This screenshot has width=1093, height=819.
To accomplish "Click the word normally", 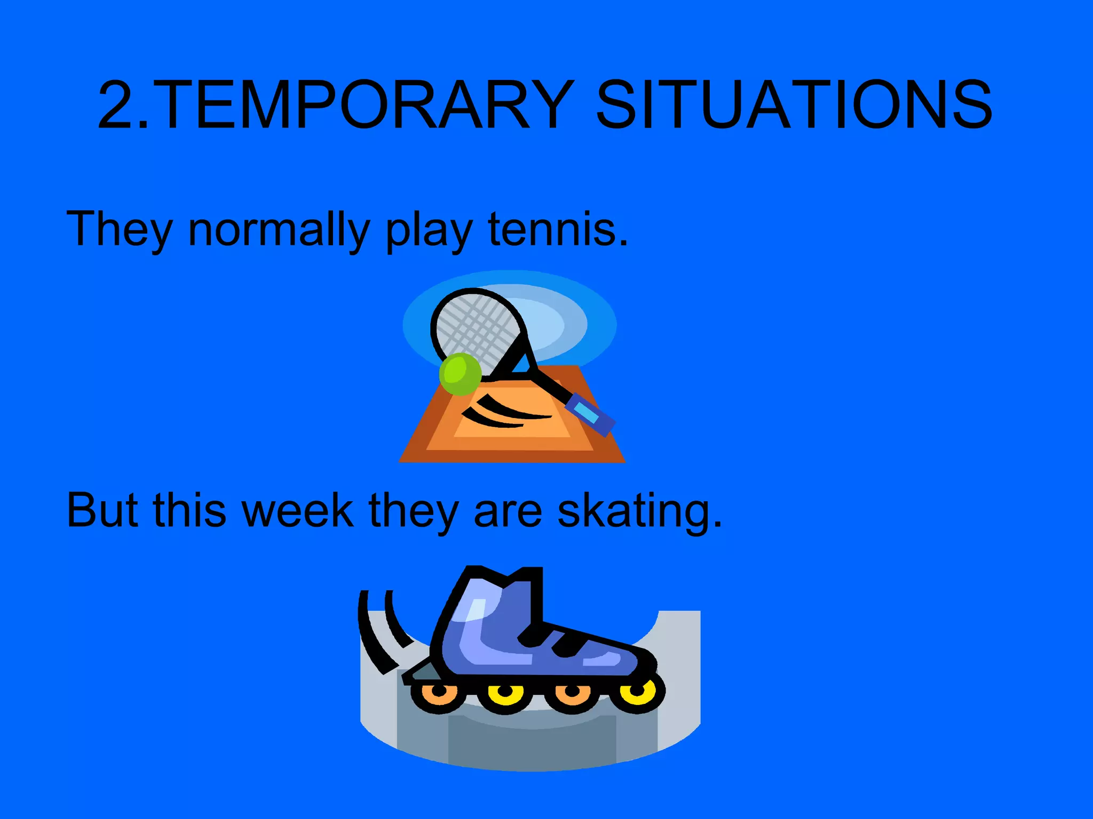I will [279, 229].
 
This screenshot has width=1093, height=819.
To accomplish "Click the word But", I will [102, 510].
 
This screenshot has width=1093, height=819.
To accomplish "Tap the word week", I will [297, 510].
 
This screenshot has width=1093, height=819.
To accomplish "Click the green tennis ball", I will [460, 374].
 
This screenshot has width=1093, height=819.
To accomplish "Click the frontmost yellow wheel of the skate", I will [638, 693].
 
